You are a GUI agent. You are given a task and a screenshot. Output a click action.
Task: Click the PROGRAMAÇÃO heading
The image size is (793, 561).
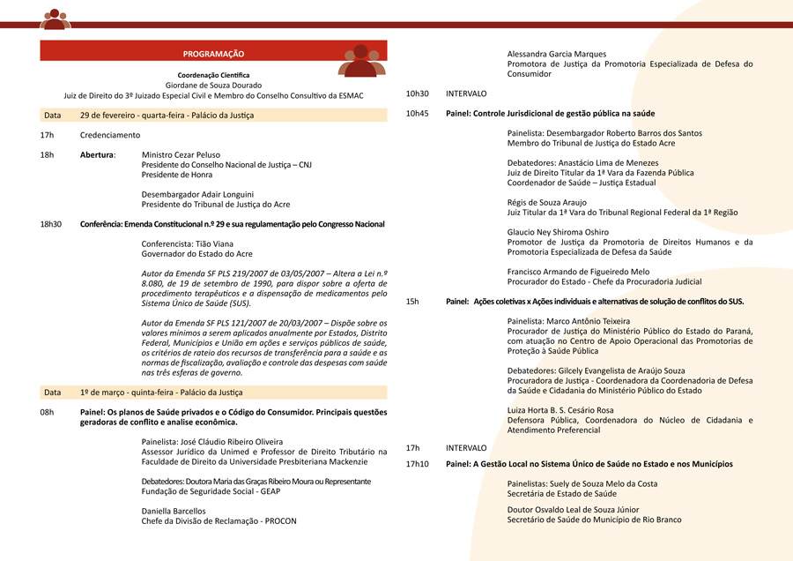pos(213,54)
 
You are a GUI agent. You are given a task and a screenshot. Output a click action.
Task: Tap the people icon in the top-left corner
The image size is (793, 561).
pos(56,19)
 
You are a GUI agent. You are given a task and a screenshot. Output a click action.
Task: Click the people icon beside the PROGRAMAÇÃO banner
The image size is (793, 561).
pos(362,60)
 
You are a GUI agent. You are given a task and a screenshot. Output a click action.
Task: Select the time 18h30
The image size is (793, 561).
pos(51,224)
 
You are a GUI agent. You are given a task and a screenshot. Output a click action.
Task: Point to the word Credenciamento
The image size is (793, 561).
pos(110,135)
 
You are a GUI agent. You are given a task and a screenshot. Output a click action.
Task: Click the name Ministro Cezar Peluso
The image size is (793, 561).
pos(181,154)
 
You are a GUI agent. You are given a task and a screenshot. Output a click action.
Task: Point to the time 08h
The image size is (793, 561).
pos(47,412)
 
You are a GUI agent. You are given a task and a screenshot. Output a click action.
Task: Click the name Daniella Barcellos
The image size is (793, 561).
pos(174,511)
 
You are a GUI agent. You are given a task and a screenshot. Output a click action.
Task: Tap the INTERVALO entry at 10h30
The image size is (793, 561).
pos(466,93)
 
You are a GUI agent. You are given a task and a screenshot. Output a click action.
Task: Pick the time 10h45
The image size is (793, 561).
pos(417,113)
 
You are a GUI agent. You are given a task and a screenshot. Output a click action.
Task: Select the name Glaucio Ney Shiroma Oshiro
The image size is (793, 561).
pos(558,232)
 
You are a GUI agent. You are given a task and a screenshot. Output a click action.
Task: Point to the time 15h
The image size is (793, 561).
pos(412,302)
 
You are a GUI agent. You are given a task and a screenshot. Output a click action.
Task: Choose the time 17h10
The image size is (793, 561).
pos(417,463)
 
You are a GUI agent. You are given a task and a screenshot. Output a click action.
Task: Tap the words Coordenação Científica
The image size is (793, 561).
pos(213,75)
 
